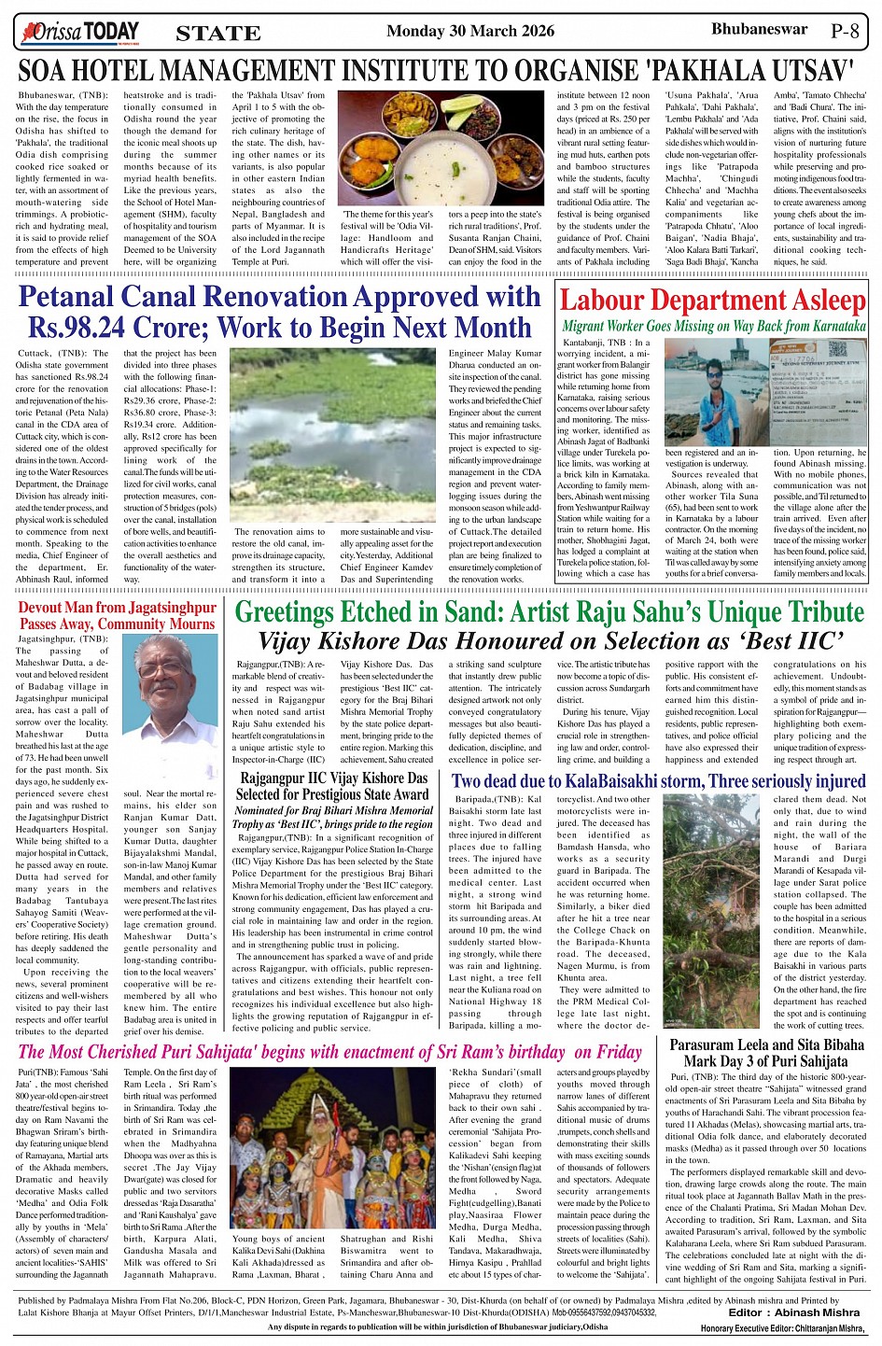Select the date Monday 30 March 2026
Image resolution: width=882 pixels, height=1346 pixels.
point(470,31)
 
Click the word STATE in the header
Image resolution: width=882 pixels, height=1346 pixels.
point(218,34)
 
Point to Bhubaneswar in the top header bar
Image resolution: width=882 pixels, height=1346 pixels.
point(759,29)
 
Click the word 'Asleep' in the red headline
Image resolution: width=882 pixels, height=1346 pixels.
point(824,301)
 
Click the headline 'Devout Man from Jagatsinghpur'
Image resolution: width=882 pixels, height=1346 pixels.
point(117,608)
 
